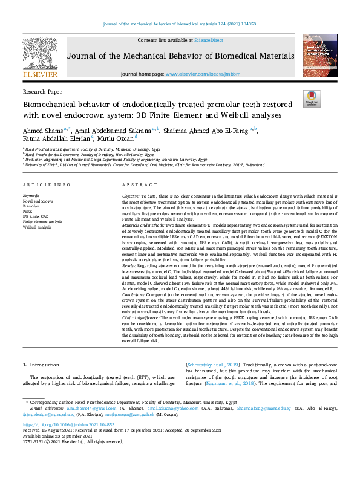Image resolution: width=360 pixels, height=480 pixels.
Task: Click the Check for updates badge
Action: tap(312, 98)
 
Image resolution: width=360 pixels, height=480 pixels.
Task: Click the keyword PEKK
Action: tap(28, 211)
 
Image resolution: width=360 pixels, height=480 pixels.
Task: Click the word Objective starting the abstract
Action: tap(131, 197)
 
